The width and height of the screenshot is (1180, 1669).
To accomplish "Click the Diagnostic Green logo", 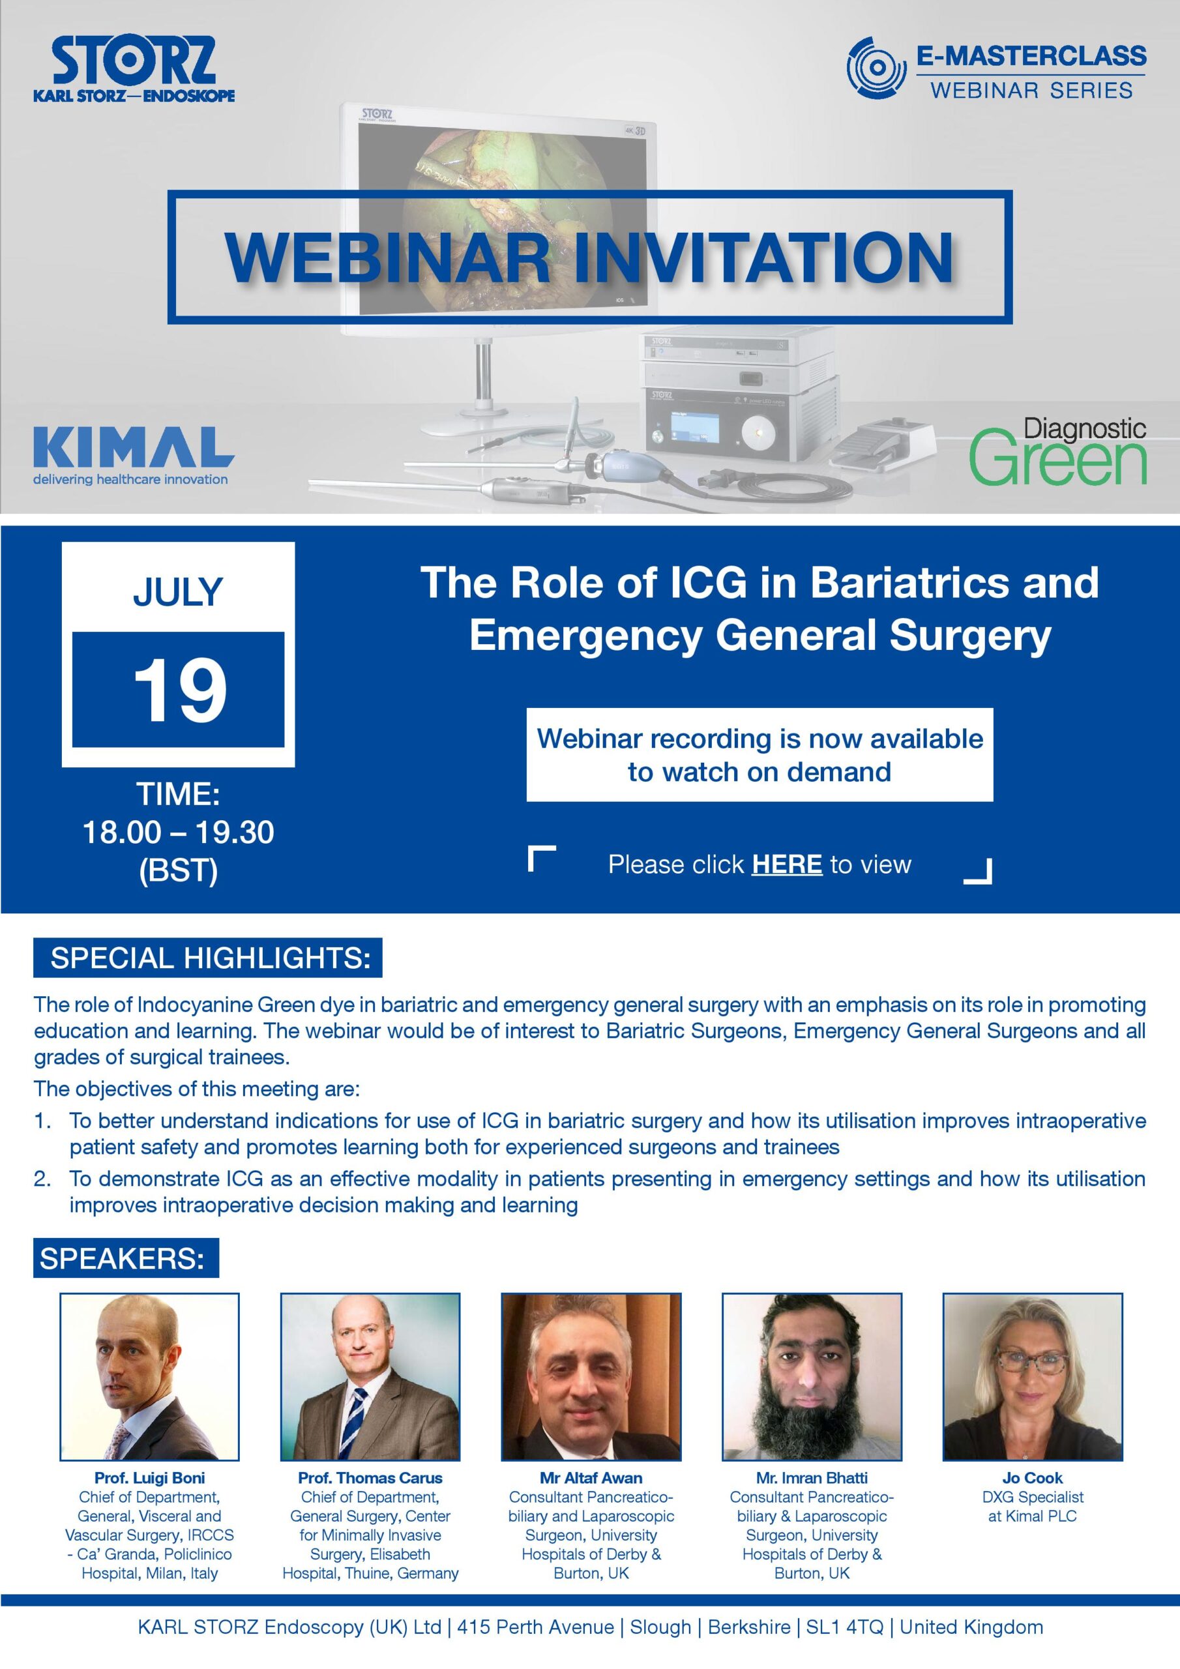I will pyautogui.click(x=1057, y=452).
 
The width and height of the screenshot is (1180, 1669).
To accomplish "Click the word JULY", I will pyautogui.click(x=178, y=593).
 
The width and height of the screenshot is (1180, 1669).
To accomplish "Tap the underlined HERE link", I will pyautogui.click(x=787, y=864).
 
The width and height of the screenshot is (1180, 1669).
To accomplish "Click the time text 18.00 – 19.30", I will pyautogui.click(x=178, y=833).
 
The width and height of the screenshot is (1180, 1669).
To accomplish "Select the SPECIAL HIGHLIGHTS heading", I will pyautogui.click(x=209, y=958).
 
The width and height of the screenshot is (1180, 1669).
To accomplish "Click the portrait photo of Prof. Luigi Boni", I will pyautogui.click(x=149, y=1377).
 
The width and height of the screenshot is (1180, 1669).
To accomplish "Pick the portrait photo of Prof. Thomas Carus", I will pyautogui.click(x=370, y=1377).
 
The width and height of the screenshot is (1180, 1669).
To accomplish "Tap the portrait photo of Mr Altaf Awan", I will pyautogui.click(x=591, y=1377).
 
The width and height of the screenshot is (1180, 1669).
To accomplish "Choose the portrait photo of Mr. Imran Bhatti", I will pyautogui.click(x=812, y=1377).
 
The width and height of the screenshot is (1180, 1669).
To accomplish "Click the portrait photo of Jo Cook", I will pyautogui.click(x=1033, y=1377).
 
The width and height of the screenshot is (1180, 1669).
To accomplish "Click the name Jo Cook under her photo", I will pyautogui.click(x=1033, y=1478).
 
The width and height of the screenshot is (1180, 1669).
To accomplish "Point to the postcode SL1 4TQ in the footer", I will pyautogui.click(x=844, y=1627).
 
